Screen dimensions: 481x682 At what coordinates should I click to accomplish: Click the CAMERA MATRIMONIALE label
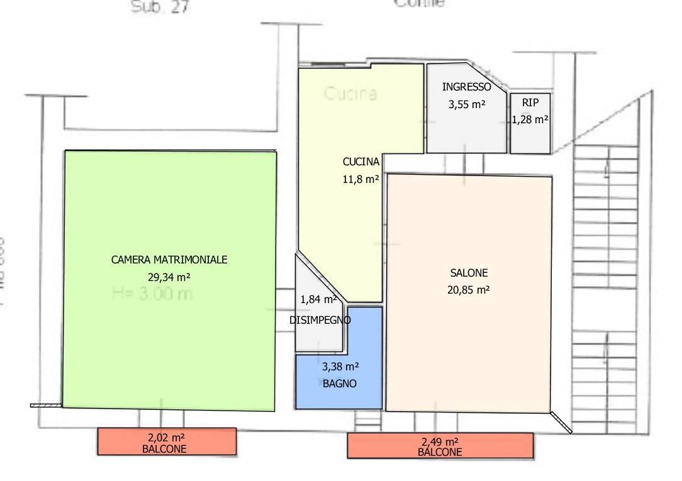[x=169, y=259]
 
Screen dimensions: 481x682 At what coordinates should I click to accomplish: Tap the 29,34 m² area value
[x=169, y=276]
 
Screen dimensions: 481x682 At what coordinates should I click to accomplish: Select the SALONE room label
[x=469, y=273]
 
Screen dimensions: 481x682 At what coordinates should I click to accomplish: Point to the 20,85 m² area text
[x=469, y=290]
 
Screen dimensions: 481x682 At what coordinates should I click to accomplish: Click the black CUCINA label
[x=361, y=162]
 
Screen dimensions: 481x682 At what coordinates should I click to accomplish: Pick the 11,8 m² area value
[x=361, y=179]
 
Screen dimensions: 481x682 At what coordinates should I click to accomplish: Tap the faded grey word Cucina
[x=350, y=94]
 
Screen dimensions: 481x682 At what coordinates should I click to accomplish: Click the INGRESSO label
[x=466, y=87]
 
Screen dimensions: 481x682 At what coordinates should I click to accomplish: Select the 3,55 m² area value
[x=466, y=105]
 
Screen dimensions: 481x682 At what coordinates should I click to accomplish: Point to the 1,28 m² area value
[x=530, y=119]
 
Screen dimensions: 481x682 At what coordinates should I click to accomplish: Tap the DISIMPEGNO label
[x=320, y=320]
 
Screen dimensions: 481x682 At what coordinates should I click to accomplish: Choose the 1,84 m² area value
[x=318, y=299]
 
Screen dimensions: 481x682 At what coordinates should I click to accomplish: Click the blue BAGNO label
[x=340, y=383]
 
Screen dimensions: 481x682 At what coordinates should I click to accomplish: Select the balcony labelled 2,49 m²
[x=440, y=446]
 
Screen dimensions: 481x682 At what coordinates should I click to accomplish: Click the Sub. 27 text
[x=159, y=8]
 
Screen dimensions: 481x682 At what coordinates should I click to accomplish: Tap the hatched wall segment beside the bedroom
[x=46, y=406]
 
